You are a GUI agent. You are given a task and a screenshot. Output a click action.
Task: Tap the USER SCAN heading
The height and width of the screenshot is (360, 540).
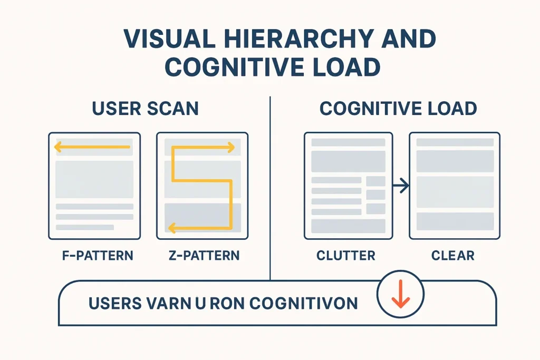tap(145, 109)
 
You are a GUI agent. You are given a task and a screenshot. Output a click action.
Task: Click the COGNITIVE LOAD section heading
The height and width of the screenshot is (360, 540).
tap(398, 109)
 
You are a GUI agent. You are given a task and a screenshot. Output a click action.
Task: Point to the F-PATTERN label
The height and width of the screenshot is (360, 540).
tap(94, 256)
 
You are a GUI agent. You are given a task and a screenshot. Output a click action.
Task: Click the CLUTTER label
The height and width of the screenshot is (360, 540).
tap(346, 256)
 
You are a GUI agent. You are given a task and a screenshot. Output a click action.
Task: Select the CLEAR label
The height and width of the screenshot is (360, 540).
tap(452, 256)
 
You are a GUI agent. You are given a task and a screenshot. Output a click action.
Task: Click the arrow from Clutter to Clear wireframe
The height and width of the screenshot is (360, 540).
tap(401, 185)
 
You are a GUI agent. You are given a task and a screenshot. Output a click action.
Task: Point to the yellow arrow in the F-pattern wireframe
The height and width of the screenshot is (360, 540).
tap(92, 148)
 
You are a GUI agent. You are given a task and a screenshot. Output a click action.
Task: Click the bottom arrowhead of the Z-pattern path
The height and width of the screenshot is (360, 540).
tap(171, 228)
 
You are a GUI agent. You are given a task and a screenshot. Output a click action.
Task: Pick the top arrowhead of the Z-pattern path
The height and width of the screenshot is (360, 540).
tap(230, 148)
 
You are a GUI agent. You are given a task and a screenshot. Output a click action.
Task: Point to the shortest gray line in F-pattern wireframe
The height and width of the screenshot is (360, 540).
tap(84, 227)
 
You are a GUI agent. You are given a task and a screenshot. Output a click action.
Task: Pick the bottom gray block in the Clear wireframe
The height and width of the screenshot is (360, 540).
tap(455, 221)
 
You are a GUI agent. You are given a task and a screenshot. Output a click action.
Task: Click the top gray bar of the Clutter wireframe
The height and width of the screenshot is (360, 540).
tap(348, 142)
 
